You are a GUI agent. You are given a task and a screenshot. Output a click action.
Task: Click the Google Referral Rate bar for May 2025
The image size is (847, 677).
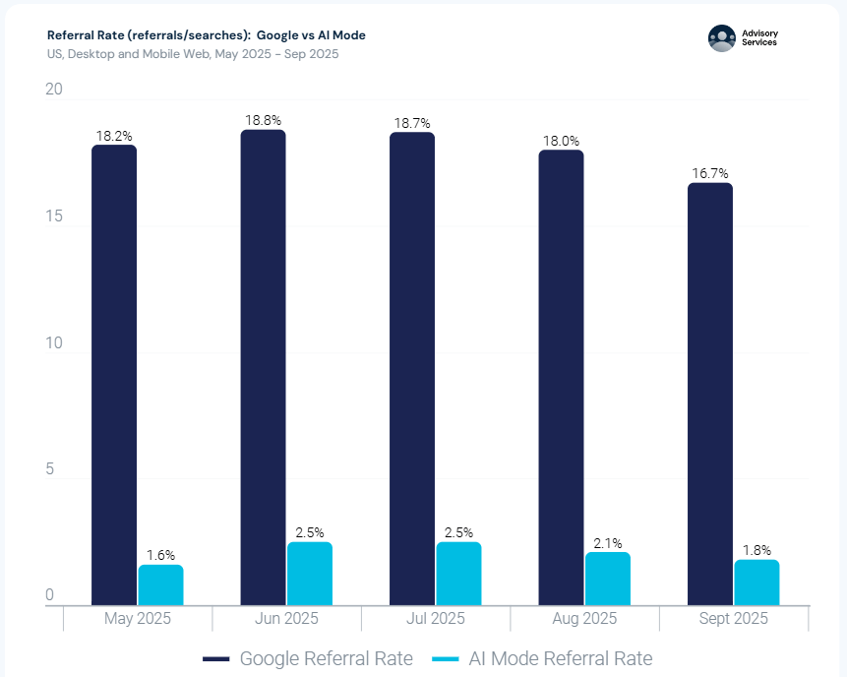(x=114, y=374)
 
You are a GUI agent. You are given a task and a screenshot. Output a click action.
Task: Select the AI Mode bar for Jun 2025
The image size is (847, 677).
(x=310, y=573)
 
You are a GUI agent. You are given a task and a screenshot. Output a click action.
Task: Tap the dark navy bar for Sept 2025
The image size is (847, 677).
(x=709, y=394)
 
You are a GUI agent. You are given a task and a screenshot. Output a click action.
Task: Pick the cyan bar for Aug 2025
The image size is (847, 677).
(x=608, y=579)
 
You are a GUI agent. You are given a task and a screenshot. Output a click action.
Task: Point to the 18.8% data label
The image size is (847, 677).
(x=264, y=120)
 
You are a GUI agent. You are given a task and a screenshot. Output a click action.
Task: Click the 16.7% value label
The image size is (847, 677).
(x=710, y=173)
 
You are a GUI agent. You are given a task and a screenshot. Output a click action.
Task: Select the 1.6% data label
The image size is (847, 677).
(x=159, y=555)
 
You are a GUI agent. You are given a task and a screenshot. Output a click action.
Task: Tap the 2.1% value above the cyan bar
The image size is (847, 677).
(x=607, y=542)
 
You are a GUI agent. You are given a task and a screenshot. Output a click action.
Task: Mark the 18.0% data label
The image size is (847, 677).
(x=561, y=141)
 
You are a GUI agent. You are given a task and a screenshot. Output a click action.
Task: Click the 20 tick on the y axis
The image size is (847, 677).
(x=54, y=90)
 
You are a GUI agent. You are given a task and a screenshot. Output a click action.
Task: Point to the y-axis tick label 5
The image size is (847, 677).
(x=50, y=470)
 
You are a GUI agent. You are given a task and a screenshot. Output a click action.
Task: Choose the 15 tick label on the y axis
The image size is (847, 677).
(x=54, y=216)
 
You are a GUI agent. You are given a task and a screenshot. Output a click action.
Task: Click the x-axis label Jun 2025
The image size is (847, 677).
(x=286, y=619)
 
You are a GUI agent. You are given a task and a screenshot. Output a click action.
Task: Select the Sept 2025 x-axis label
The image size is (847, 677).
(x=733, y=619)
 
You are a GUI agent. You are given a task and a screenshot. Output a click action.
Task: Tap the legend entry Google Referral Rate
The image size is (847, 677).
(x=307, y=658)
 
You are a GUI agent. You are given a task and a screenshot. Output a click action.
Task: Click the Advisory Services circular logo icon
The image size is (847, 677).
(x=722, y=38)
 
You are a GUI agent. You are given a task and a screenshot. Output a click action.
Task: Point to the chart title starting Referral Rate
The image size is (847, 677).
(x=206, y=35)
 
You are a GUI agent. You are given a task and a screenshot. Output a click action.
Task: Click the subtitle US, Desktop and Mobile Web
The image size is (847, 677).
(x=193, y=54)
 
